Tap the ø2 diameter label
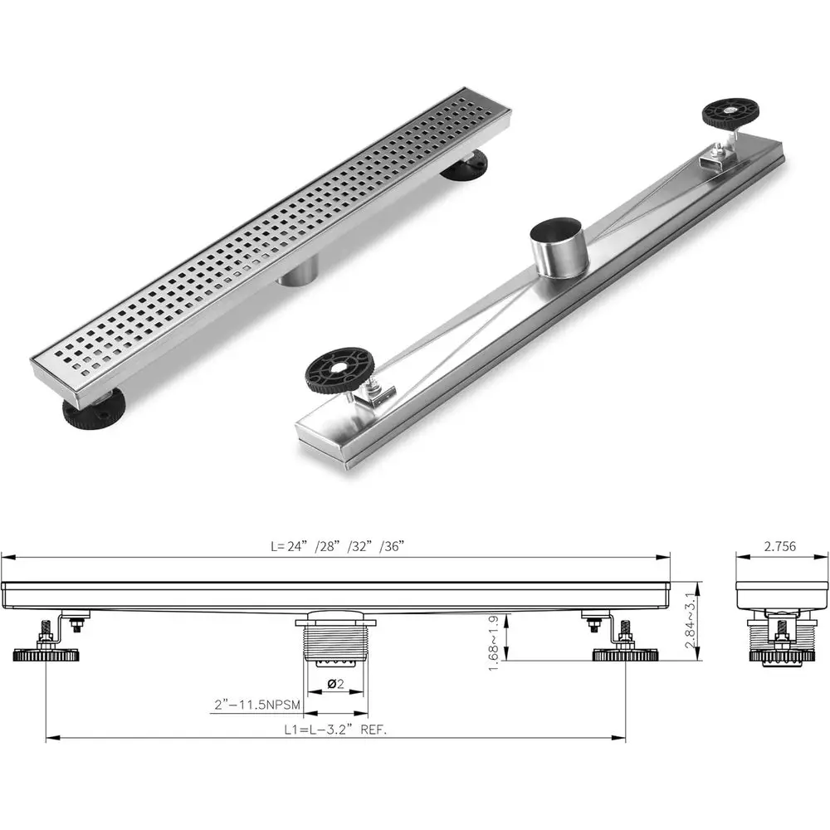(x=336, y=684)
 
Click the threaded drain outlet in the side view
(x=336, y=643)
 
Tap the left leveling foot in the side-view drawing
(x=47, y=655)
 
